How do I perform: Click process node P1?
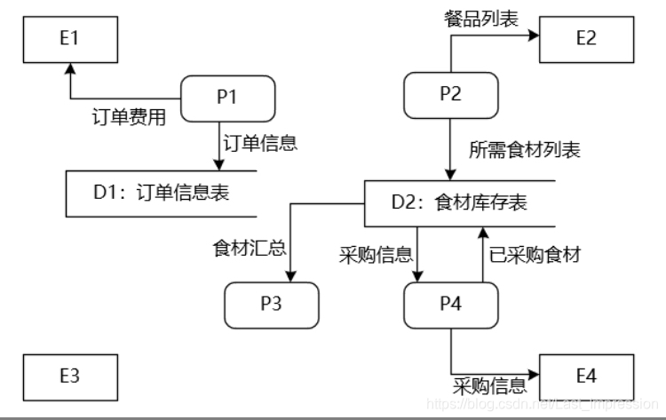(x=227, y=98)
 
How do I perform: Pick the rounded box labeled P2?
(x=451, y=95)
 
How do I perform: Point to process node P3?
(x=271, y=304)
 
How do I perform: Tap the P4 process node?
(x=451, y=305)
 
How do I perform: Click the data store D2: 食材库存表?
(x=460, y=202)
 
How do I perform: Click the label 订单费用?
(x=129, y=117)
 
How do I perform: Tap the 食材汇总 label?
(x=250, y=247)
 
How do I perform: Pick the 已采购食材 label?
(x=535, y=255)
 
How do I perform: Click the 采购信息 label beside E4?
(x=490, y=386)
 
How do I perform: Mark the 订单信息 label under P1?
(x=260, y=143)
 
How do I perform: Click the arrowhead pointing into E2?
(x=534, y=36)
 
